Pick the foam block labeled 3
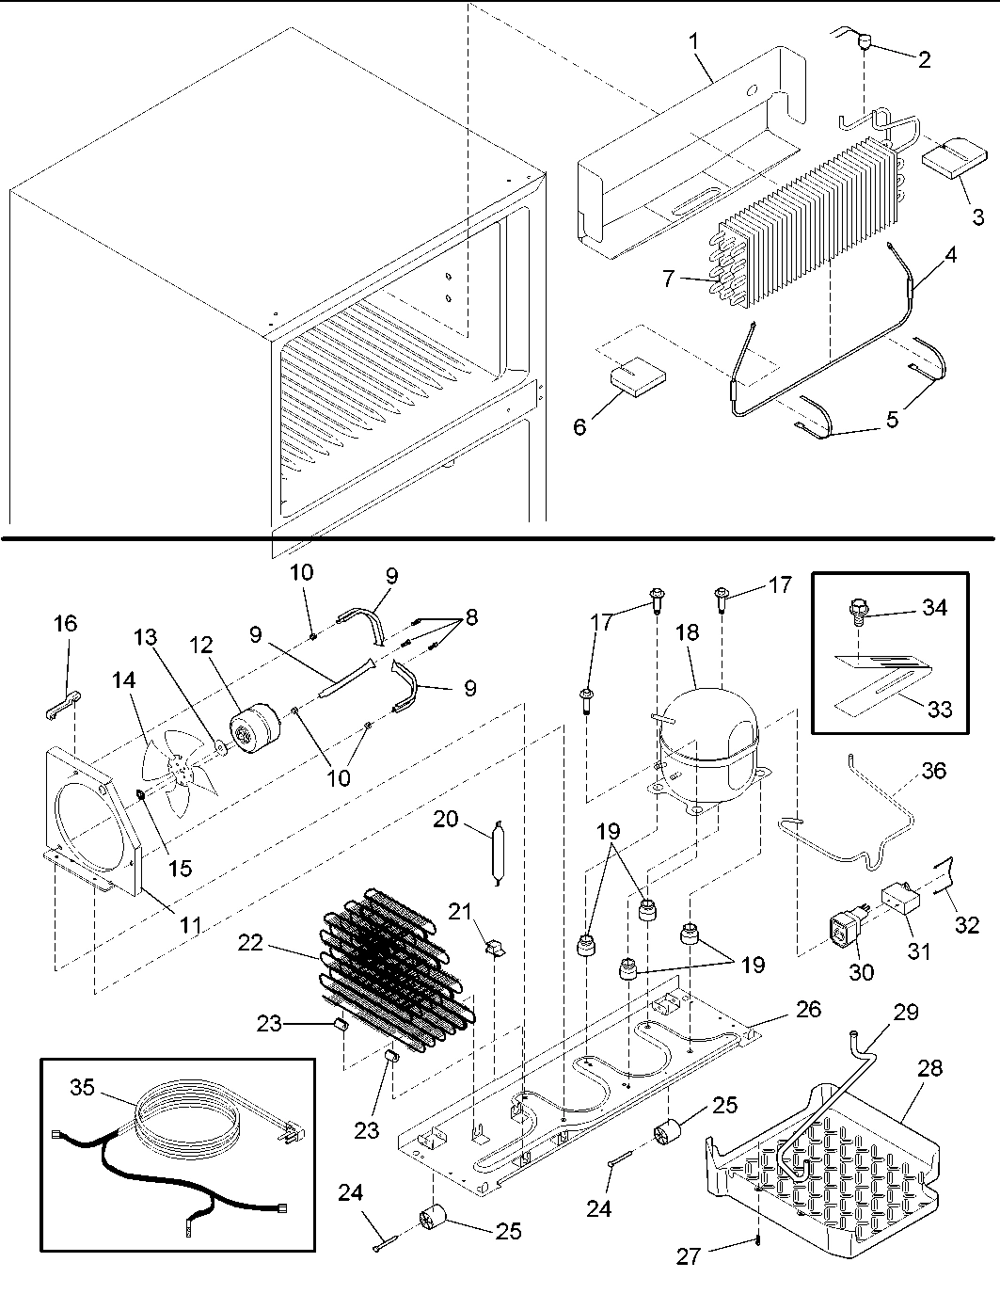(953, 158)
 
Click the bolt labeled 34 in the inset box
(857, 614)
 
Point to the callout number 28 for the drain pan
(929, 1068)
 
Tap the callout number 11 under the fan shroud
(191, 924)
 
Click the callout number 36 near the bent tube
(933, 771)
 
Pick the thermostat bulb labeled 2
(865, 41)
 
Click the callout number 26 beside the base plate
(808, 1010)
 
